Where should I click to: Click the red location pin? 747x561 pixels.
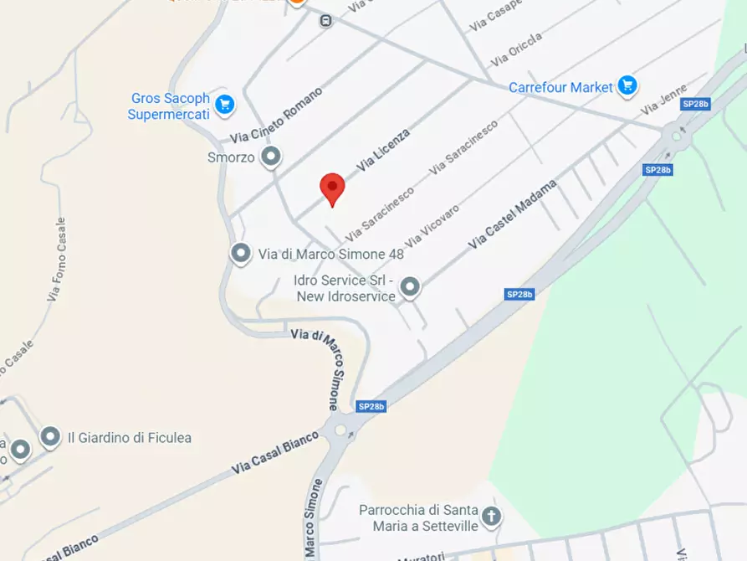click(x=333, y=188)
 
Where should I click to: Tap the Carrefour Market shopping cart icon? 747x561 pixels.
click(x=627, y=85)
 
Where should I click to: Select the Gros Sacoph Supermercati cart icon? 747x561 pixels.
click(x=223, y=105)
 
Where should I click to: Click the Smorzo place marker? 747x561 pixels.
click(x=270, y=156)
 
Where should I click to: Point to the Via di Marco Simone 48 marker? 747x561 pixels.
click(x=241, y=252)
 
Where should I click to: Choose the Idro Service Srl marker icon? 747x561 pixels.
click(x=409, y=287)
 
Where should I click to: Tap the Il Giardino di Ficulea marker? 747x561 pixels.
click(x=50, y=436)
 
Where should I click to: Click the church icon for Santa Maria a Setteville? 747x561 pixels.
click(x=492, y=516)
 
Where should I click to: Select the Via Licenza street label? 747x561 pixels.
click(x=383, y=150)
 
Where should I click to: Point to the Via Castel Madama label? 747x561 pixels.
click(x=512, y=214)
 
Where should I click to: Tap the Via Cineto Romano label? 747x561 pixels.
click(x=277, y=115)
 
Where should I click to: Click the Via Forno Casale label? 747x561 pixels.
click(x=56, y=260)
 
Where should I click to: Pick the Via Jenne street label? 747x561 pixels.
click(x=663, y=100)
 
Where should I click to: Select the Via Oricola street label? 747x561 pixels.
click(x=516, y=49)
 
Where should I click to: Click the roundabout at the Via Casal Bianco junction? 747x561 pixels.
click(x=340, y=431)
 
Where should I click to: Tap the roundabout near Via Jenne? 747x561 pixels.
click(x=675, y=136)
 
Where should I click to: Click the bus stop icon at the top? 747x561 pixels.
click(x=325, y=21)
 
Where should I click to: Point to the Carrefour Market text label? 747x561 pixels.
click(x=561, y=87)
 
